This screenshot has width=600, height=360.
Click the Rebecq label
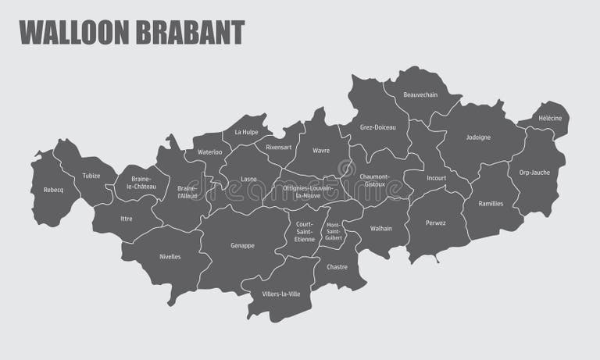[x=53, y=190]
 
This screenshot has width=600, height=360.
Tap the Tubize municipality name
[x=91, y=176]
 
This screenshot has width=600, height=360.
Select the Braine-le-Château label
[x=141, y=183]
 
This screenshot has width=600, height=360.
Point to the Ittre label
[x=127, y=219]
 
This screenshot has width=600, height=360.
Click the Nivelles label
[x=170, y=256]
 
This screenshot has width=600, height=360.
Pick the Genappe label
[x=242, y=245]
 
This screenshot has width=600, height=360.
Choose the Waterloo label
[x=209, y=151]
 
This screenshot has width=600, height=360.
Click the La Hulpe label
[x=246, y=132]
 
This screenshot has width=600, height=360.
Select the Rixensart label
[x=278, y=147]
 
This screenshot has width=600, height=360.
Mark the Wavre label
[x=320, y=150]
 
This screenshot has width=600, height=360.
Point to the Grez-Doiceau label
[x=378, y=127]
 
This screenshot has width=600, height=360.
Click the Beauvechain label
[x=420, y=95]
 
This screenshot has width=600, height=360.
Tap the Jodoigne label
[x=478, y=137]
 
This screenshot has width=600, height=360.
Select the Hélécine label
[x=550, y=118]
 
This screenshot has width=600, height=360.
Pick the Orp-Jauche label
[x=534, y=173]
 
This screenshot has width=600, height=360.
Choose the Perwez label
[x=436, y=223]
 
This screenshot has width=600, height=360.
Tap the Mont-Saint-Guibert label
[x=334, y=233]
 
